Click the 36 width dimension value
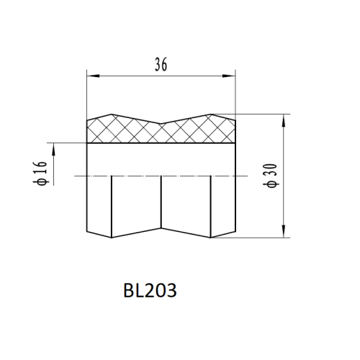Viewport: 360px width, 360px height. pyautogui.click(x=161, y=64)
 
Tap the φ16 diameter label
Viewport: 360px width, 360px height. pyautogui.click(x=40, y=174)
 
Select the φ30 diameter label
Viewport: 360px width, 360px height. pyautogui.click(x=271, y=176)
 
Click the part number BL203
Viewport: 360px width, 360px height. pyautogui.click(x=150, y=290)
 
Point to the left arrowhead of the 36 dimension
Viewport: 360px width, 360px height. pyautogui.click(x=93, y=76)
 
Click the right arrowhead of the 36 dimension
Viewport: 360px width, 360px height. pyautogui.click(x=229, y=76)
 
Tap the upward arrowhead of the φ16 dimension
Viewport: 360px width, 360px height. pyautogui.click(x=53, y=149)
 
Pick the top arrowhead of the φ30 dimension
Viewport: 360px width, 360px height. pyautogui.click(x=284, y=120)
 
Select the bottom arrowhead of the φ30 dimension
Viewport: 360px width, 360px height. pyautogui.click(x=284, y=231)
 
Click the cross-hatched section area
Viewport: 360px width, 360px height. pyautogui.click(x=161, y=132)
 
